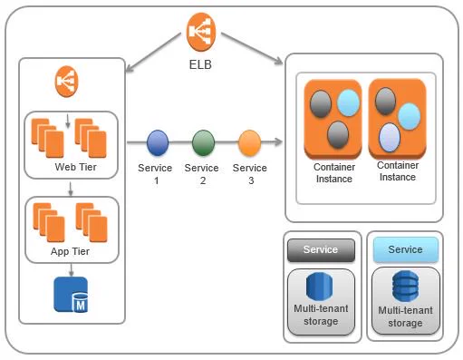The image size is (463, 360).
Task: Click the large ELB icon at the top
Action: point(201,32)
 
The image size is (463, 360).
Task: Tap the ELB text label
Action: point(200,64)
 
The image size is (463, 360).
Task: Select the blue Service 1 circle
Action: point(158,143)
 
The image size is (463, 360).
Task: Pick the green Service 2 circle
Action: point(203,143)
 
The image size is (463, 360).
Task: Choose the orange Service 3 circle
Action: point(249,143)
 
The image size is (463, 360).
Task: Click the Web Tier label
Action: point(76,167)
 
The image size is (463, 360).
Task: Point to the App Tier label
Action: point(70,251)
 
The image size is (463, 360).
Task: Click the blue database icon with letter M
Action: point(71,295)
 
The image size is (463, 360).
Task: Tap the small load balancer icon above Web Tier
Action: point(66,82)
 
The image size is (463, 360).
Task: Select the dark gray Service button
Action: point(321,250)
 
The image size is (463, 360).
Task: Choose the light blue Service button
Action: point(405,249)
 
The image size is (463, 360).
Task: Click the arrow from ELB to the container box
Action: point(252,48)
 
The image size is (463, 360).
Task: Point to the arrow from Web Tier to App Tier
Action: point(71,189)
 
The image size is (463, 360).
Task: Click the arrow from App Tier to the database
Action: point(71,270)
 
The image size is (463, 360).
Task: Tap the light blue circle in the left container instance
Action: point(348,102)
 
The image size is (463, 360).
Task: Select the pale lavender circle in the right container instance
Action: point(390,137)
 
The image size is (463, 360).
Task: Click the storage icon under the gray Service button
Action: point(320,287)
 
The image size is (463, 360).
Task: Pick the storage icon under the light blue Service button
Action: point(405,287)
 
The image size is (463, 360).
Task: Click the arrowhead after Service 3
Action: point(278,141)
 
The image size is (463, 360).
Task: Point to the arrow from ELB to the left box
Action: point(153,53)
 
